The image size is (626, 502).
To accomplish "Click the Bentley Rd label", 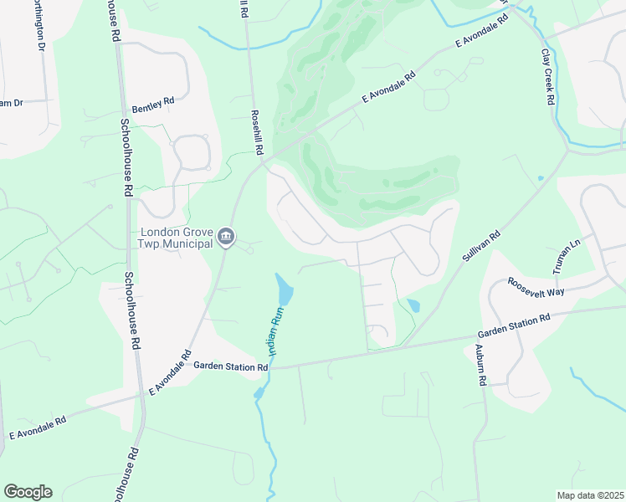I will [153, 105].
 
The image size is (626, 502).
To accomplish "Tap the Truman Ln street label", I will [567, 254].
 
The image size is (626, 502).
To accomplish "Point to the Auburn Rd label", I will [481, 365].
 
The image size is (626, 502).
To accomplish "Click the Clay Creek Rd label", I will [548, 78].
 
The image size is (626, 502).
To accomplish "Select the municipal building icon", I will [225, 238].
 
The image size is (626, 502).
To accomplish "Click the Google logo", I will [28, 492].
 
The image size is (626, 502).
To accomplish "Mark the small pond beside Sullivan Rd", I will [413, 305].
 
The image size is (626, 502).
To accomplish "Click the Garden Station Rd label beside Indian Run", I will [230, 366].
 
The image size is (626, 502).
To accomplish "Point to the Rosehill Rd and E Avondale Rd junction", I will [264, 161].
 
